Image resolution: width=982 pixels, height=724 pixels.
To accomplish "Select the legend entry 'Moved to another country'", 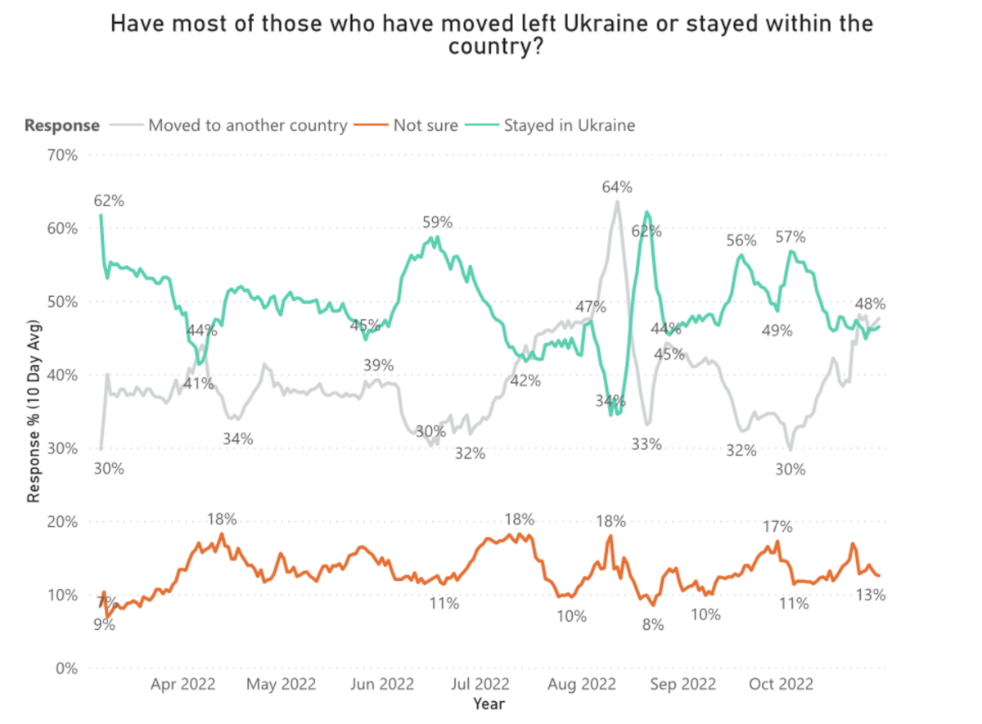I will (x=248, y=125).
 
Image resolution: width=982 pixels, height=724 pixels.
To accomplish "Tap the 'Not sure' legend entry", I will (x=426, y=125).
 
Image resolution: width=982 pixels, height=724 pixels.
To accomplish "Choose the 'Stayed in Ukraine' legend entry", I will (x=570, y=125).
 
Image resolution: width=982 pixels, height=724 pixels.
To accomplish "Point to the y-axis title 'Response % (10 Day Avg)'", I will (x=34, y=410).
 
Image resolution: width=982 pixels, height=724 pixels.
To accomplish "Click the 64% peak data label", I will (x=616, y=187).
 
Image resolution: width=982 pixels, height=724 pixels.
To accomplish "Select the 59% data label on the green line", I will (x=437, y=222).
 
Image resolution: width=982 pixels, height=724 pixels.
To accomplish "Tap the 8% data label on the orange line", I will (x=652, y=625).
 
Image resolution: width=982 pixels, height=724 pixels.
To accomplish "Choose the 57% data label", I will (x=791, y=237).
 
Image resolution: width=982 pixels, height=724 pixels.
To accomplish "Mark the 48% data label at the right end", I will (x=872, y=303).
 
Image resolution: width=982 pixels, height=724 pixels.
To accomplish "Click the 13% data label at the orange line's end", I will (x=871, y=595).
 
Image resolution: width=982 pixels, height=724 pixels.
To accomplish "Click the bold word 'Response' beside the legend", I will (x=62, y=125).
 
